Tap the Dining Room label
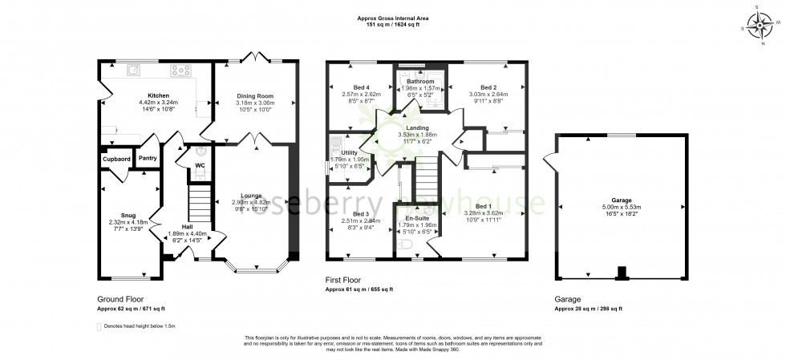tap(256, 95)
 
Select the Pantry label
tap(148, 158)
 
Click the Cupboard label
tap(116, 159)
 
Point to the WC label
tap(200, 166)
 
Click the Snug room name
tap(128, 215)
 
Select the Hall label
tap(175, 227)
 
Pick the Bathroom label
tap(420, 82)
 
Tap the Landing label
tap(417, 128)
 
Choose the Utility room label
tap(349, 152)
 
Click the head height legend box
tap(99, 326)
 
